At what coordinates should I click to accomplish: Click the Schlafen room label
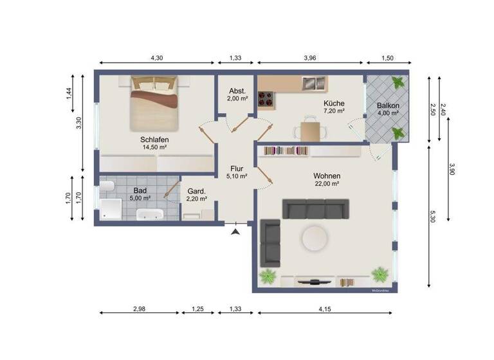154,139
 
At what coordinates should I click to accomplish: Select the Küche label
334,103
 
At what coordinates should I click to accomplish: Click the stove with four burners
266,99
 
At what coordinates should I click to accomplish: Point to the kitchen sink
315,83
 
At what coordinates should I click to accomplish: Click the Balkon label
388,105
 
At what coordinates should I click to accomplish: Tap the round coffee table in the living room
315,238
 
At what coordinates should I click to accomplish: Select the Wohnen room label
327,175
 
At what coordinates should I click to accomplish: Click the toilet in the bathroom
106,187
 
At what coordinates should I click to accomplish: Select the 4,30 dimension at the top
156,59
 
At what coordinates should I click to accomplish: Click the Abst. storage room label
236,91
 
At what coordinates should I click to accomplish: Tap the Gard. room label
196,191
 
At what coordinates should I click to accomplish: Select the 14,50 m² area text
154,147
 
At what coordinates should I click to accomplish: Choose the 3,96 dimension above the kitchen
311,59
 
